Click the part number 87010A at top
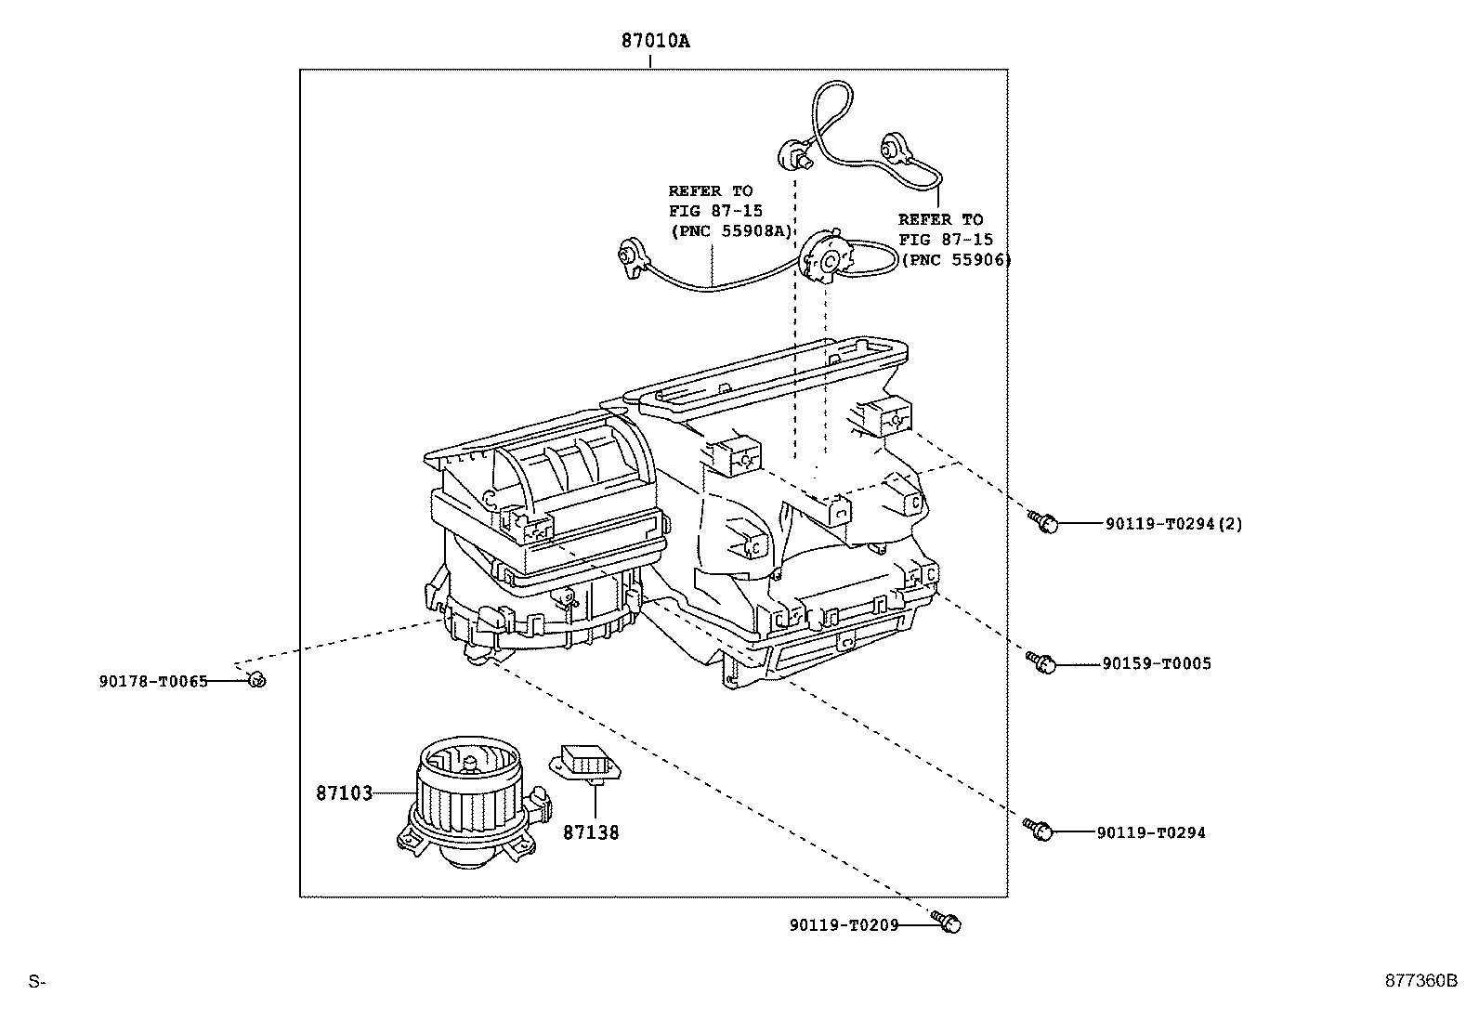point(656,42)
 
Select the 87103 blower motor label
point(344,793)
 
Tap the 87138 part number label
point(591,832)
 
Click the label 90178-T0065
point(153,681)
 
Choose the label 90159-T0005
point(1157,664)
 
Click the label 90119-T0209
point(844,925)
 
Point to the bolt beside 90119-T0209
point(949,923)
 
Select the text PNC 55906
point(956,260)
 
